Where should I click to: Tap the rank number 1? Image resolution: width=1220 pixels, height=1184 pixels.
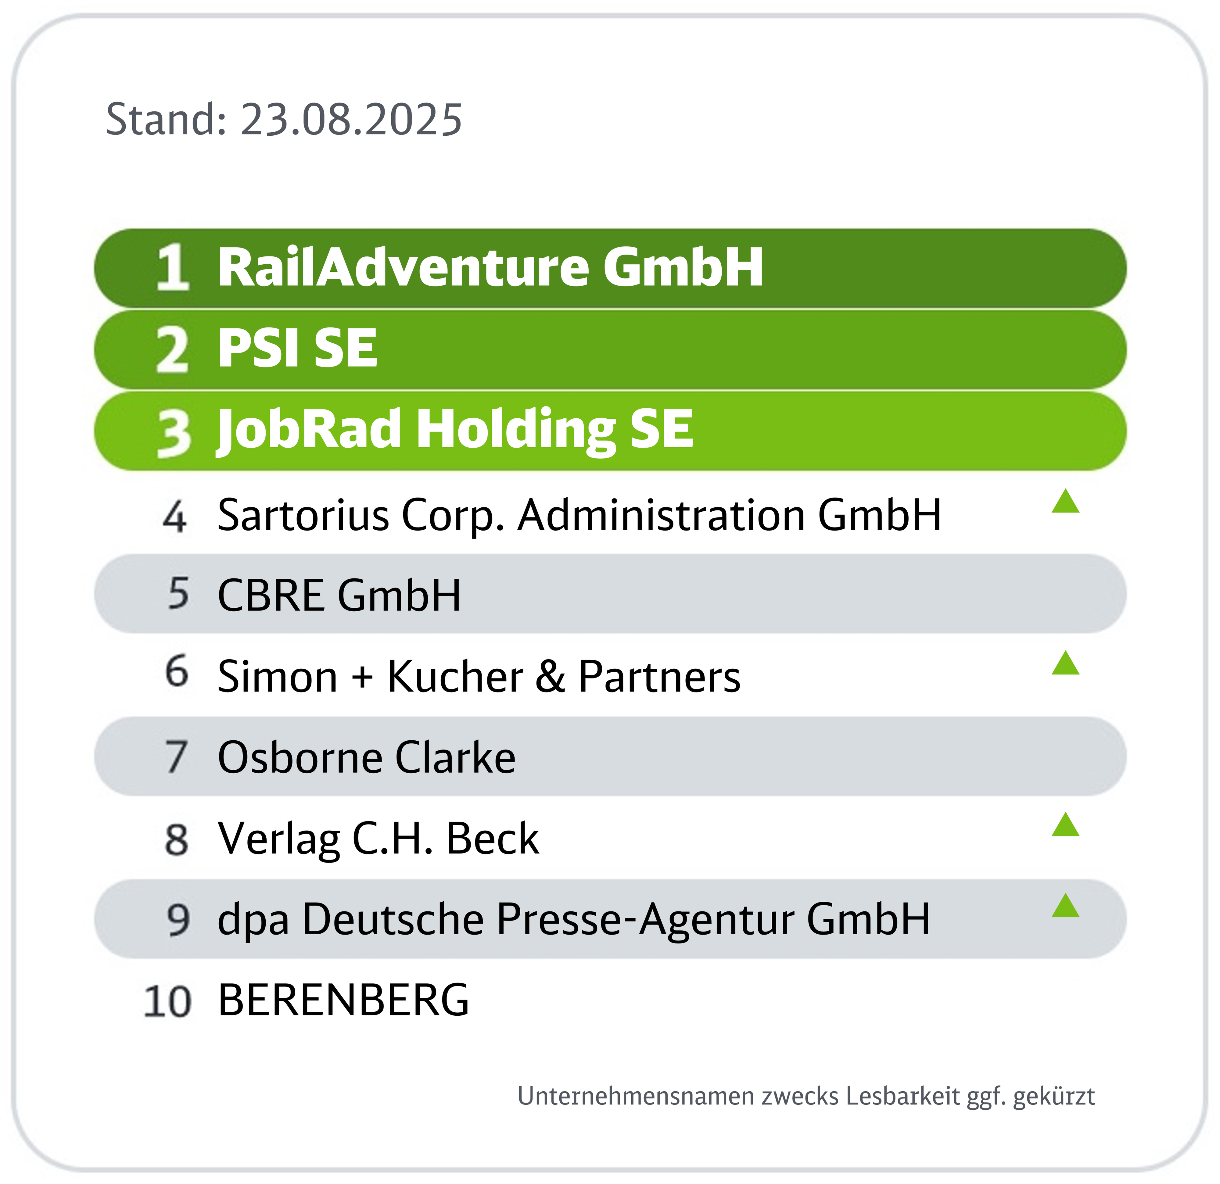[172, 267]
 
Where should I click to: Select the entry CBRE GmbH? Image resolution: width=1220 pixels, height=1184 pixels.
[339, 595]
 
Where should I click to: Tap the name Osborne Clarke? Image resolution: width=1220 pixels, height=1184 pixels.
[367, 757]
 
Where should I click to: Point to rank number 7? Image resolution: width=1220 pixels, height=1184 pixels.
[177, 757]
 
